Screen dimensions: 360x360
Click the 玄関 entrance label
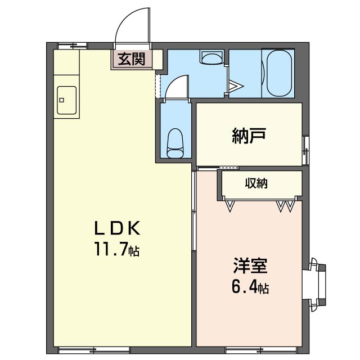[x=132, y=59]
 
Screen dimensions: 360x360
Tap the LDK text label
[x=117, y=228]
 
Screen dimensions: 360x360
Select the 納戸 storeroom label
[x=249, y=136]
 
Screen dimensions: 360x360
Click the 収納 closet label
[x=256, y=183]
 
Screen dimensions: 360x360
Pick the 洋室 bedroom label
[x=250, y=266]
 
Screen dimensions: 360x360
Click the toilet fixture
[x=175, y=143]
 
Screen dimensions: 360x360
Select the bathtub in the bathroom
[x=280, y=73]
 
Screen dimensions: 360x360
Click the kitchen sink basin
[x=66, y=100]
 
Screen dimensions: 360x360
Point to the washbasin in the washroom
[x=212, y=57]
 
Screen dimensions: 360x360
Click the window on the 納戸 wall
[x=305, y=150]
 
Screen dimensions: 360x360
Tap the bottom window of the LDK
[x=94, y=350]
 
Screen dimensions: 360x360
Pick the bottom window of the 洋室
[x=261, y=350]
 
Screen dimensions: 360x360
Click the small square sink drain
[x=61, y=100]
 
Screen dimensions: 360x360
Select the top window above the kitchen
[x=73, y=46]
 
